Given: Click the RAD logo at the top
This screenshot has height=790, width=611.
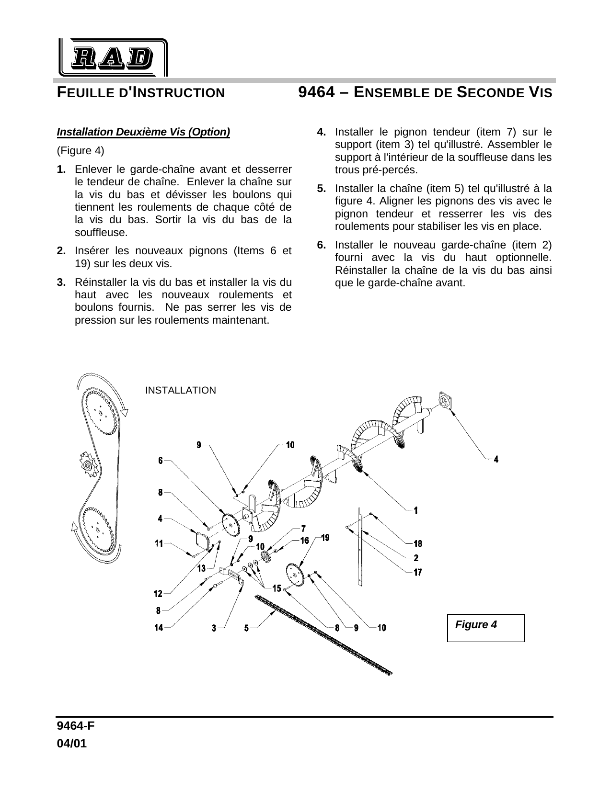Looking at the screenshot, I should point(113,58).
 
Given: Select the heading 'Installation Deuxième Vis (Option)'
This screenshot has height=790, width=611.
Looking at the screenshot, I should point(143,132).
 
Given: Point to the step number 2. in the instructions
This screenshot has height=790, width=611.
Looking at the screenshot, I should point(61,251).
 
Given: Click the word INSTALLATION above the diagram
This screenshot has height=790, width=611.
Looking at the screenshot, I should point(180,391).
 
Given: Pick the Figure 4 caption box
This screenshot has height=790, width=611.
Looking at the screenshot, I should point(485,627).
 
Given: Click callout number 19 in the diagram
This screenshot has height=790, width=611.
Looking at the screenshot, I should point(325,538).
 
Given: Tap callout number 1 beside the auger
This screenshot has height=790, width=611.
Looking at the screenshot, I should point(416,511).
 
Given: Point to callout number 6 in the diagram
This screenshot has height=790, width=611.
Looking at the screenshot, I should point(161,461).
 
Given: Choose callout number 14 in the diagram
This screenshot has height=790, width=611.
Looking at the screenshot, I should point(159,628).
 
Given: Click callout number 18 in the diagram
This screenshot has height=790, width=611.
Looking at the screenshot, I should point(418,544).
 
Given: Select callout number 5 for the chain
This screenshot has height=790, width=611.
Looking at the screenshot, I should point(246,628).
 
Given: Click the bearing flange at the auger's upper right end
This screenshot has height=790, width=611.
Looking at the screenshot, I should point(445,400).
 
